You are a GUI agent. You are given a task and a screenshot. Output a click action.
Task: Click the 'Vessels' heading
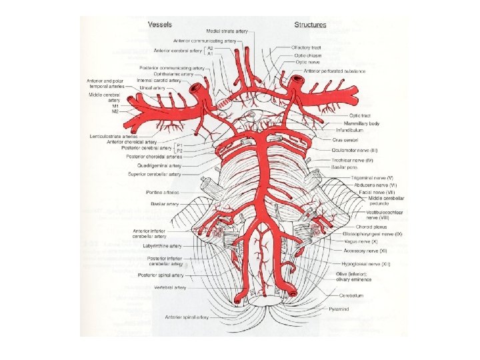point(159,24)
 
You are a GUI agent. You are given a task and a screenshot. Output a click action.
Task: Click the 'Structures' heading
point(310,25)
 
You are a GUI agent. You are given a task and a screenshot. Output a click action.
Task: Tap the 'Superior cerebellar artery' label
point(154,175)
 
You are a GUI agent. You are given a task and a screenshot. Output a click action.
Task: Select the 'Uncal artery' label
point(153,87)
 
